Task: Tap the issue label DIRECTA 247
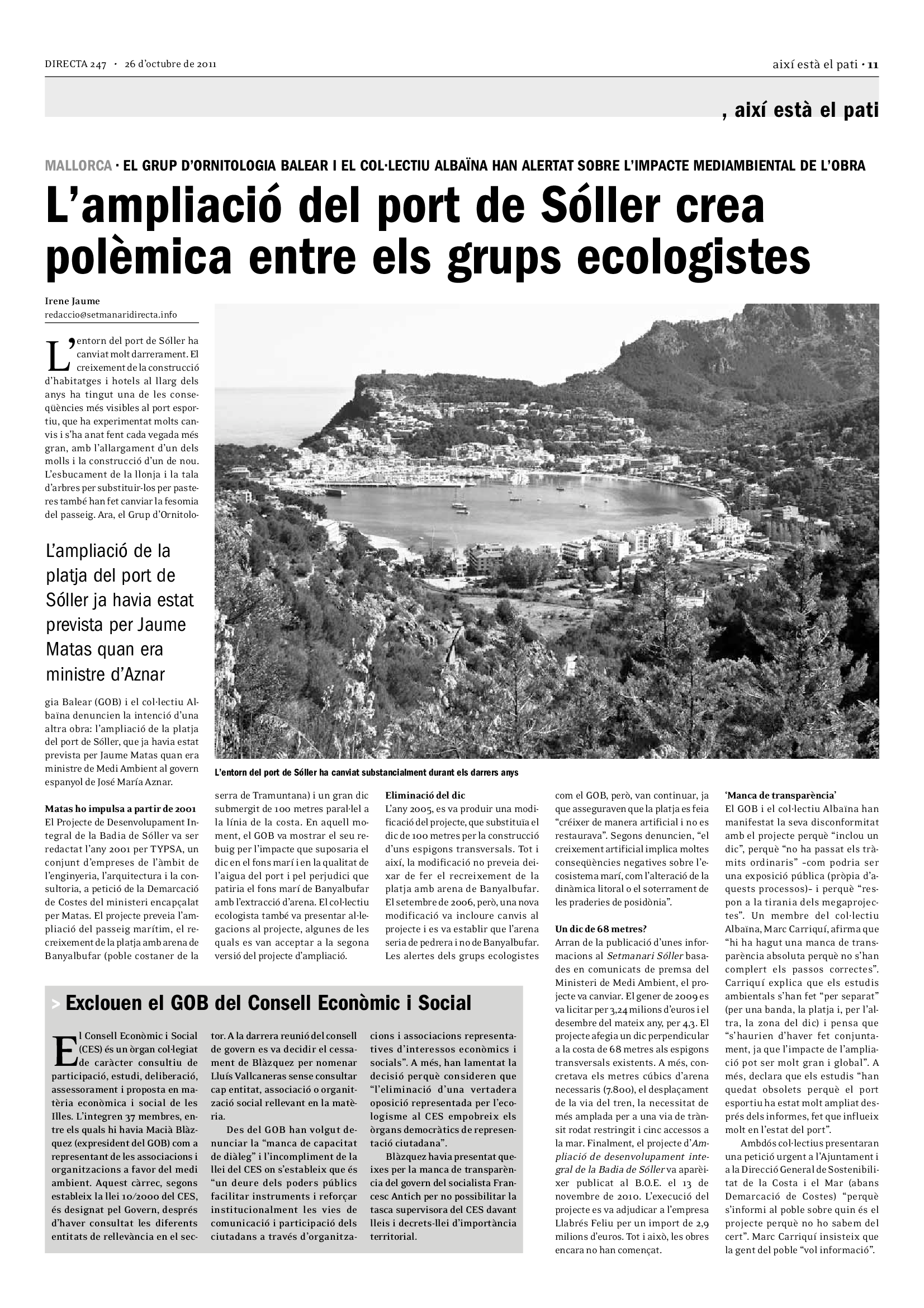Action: coord(75,65)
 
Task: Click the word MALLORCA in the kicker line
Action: coord(79,166)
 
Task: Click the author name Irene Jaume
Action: coord(72,301)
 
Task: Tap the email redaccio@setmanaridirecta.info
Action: coord(111,314)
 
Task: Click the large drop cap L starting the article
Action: coord(59,355)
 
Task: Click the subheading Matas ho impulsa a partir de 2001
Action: coord(121,809)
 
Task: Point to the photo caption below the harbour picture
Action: coord(366,773)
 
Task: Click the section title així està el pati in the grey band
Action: coord(806,111)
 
